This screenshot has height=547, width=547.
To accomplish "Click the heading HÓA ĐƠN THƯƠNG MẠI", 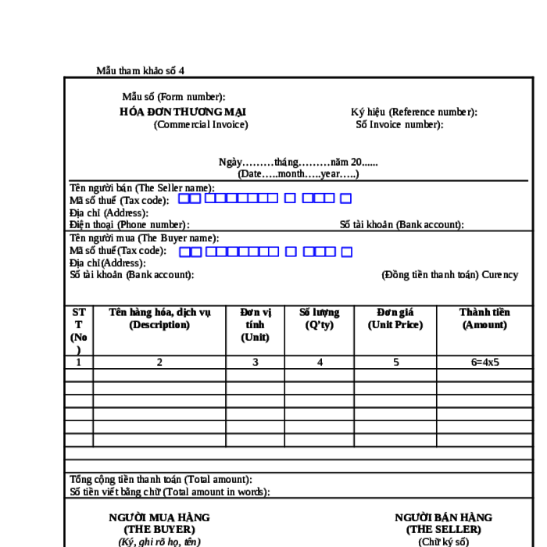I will click(183, 112).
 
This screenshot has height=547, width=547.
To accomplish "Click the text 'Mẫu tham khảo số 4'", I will click(141, 70).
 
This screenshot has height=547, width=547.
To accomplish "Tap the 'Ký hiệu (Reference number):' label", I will click(413, 112).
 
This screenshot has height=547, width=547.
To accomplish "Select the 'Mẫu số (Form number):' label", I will click(173, 97).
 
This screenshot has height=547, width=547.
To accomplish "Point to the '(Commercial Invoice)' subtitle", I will click(201, 124).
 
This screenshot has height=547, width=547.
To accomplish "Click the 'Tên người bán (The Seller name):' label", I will click(142, 188).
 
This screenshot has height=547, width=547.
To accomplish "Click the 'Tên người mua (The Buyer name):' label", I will click(144, 238).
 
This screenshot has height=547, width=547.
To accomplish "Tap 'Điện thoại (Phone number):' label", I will click(129, 224).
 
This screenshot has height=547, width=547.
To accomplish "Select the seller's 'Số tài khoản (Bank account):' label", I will click(402, 224).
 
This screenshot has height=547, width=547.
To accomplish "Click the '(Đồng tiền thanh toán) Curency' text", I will click(449, 274).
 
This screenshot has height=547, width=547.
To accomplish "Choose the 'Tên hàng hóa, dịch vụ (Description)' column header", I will click(159, 318).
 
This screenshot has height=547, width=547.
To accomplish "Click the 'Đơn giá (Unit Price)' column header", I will click(395, 318).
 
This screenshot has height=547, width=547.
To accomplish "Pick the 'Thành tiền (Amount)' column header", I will click(484, 318).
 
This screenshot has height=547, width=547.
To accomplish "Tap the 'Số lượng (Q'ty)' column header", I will click(320, 318).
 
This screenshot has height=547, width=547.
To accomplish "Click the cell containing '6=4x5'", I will click(484, 362).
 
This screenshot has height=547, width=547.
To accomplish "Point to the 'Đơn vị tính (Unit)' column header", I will click(255, 324).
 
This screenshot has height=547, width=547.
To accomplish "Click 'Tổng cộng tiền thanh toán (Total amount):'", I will click(161, 479).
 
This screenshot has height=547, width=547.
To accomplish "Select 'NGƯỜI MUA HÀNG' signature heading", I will click(159, 517).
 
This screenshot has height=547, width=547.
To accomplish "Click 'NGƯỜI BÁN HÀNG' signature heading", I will click(443, 517).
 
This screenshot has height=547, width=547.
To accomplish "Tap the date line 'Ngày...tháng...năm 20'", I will click(298, 163).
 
